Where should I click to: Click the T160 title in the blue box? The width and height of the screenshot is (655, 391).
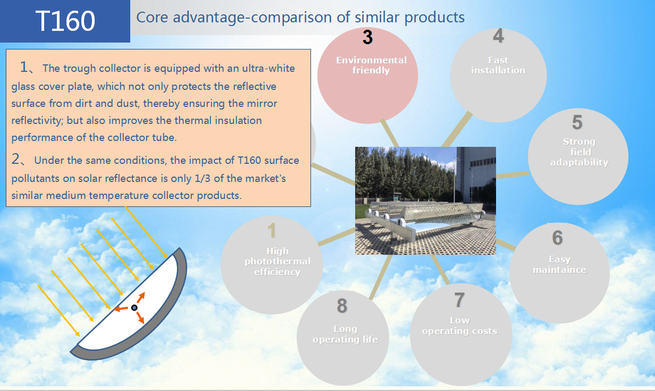65,21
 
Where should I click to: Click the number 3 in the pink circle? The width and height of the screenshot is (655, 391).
367,37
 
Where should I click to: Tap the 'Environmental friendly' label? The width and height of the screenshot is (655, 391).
371,65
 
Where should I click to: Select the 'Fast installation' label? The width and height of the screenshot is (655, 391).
498,65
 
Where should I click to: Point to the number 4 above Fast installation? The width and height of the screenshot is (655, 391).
498,36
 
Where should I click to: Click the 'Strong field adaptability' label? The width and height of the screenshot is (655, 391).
580,152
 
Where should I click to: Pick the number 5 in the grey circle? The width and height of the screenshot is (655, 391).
577,122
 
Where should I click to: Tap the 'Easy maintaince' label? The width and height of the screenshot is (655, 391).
559,264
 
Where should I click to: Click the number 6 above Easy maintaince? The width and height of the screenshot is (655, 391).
557,237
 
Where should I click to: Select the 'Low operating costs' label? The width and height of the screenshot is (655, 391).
460,326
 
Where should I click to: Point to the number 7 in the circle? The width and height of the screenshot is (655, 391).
459,300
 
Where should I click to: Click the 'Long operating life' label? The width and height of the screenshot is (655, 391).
346,334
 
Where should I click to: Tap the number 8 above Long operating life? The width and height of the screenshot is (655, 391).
342,306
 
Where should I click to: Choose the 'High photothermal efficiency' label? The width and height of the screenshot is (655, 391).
278,261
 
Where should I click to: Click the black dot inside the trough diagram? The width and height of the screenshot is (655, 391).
134,307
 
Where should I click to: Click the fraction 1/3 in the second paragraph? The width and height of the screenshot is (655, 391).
203,179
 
